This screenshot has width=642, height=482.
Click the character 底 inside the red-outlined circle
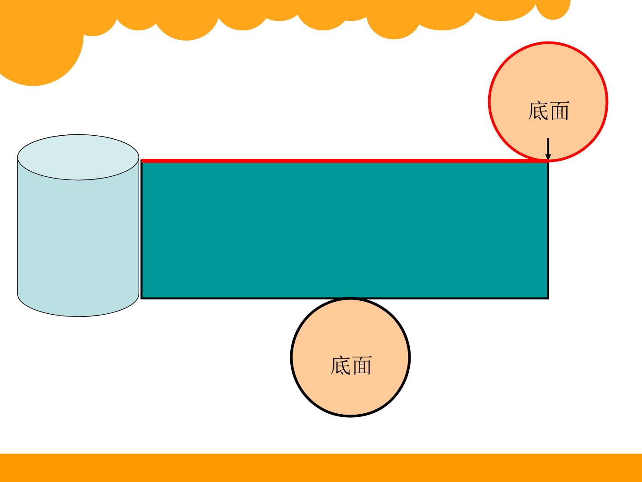538,110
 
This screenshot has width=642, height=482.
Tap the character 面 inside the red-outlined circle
559,111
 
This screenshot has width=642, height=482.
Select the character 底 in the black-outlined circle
341,365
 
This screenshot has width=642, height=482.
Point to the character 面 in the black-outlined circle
362,365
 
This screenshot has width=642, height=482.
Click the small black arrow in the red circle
548,149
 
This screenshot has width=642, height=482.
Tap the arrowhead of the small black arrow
548,157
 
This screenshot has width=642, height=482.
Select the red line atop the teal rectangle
344,161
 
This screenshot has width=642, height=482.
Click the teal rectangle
345,229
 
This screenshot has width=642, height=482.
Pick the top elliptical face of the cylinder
78,157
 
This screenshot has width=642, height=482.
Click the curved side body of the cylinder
78,240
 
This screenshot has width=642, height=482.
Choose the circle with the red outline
548,102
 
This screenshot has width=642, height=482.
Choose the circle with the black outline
350,357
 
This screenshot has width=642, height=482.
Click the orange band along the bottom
321,468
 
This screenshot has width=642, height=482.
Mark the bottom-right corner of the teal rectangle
548,298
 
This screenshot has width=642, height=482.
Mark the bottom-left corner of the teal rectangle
142,298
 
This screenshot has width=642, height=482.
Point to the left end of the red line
141,161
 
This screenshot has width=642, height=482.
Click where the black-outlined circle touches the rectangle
350,298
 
